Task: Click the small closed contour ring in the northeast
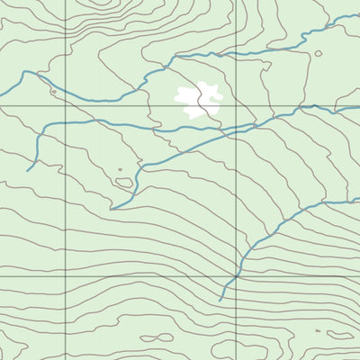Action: click(318, 54)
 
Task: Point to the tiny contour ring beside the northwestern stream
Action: click(53, 91)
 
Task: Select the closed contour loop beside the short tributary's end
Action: click(123, 182)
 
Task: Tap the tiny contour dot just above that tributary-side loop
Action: click(120, 169)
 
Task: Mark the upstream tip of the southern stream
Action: click(221, 300)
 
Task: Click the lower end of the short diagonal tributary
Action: click(112, 208)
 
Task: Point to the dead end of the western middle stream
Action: click(28, 170)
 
